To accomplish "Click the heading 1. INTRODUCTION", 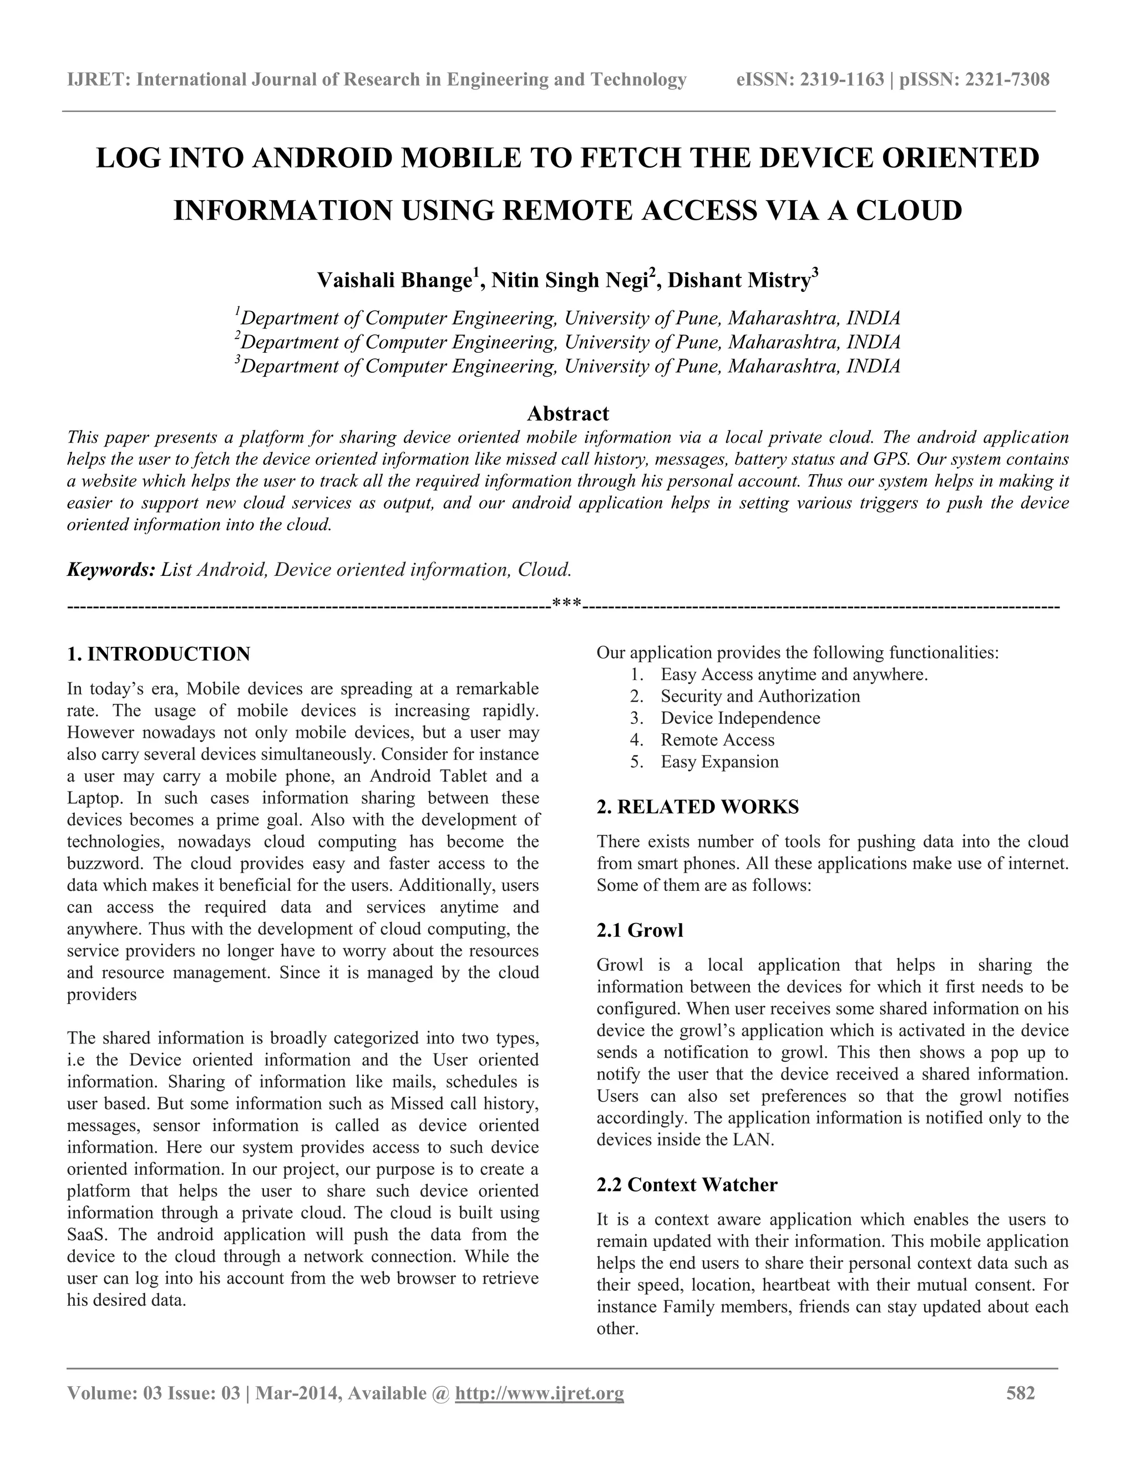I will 159,653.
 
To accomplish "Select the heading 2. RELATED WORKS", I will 698,807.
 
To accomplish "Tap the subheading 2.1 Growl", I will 640,930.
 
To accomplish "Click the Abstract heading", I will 567,413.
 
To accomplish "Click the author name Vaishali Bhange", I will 394,280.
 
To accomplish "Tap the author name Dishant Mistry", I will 738,280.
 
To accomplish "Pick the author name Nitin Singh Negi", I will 569,280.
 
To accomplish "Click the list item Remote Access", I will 717,739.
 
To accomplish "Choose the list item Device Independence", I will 741,718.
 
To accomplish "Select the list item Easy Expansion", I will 719,762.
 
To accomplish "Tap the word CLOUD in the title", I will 909,211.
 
